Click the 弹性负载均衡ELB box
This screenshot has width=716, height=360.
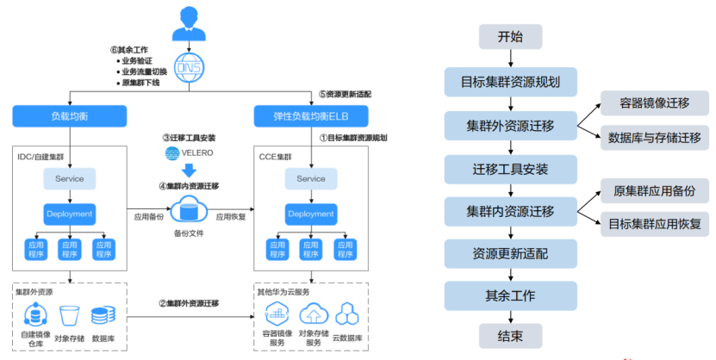pos(312,115)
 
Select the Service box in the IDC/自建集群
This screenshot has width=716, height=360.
pos(70,178)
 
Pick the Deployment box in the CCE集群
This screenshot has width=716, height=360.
pos(311,214)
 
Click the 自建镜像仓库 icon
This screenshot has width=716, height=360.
pos(34,315)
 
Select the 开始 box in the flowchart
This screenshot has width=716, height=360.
pos(510,37)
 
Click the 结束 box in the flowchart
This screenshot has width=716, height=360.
pos(510,336)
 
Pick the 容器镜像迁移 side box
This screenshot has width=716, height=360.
pos(654,102)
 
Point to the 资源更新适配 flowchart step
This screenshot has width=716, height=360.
pos(510,254)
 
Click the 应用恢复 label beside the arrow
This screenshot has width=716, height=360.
pos(233,217)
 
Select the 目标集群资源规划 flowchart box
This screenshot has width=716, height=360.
pos(510,84)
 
